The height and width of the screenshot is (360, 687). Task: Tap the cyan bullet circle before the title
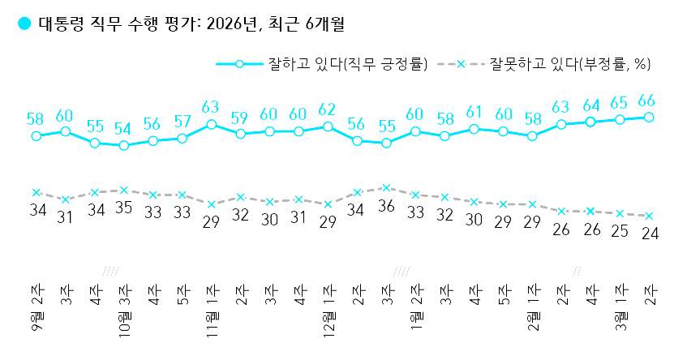[24, 25]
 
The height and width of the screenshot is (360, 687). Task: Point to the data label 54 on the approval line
[123, 129]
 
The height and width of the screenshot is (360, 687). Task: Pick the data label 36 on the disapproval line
[386, 206]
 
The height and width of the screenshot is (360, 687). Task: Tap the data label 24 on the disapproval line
[649, 234]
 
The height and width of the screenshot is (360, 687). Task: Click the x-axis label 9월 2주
[36, 311]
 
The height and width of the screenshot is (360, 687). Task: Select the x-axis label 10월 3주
[124, 311]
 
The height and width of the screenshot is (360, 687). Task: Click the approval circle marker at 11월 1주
[211, 124]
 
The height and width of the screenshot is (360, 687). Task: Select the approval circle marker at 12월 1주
[328, 126]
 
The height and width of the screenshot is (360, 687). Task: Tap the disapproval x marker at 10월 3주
[123, 191]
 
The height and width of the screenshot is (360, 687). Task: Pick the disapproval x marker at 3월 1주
[620, 213]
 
